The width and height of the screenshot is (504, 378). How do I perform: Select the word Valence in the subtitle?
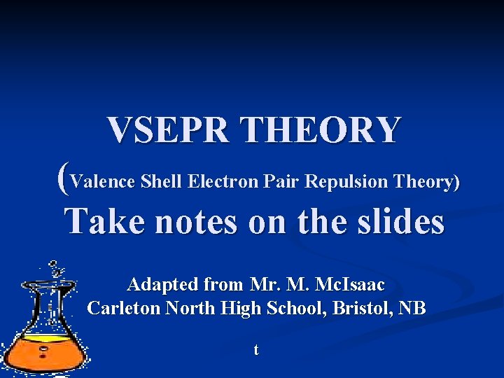click(x=103, y=182)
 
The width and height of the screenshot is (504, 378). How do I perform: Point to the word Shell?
click(x=162, y=182)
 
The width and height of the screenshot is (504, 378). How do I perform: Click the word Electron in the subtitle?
click(x=224, y=182)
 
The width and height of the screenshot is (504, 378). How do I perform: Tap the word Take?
click(x=106, y=223)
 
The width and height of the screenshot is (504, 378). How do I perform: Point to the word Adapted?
click(x=162, y=286)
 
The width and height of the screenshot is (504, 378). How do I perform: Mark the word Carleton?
click(x=123, y=308)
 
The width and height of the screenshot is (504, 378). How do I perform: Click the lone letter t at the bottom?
click(x=256, y=349)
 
